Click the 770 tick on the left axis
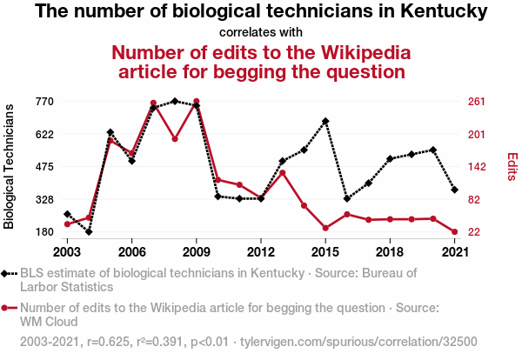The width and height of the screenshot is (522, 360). pos(43,102)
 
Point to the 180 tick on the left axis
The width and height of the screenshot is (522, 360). pos(43,232)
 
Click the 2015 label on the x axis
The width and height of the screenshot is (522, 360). pos(325,251)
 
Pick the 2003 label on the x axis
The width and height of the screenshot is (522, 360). pos(67,251)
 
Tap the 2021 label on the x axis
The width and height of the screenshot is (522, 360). pos(454,251)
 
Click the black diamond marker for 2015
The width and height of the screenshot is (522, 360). pos(325,121)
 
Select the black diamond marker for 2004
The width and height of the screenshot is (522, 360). pos(89,232)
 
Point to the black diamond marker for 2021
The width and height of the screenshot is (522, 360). pos(454,190)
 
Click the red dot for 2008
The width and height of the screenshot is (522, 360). pos(175,138)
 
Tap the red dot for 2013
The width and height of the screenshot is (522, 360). pos(283,172)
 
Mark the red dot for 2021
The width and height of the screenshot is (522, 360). pos(454,232)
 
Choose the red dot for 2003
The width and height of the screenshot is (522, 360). pos(67,224)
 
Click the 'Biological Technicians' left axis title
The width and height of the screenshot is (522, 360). pos(10,166)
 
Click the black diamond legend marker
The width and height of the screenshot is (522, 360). pos(9,273)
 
